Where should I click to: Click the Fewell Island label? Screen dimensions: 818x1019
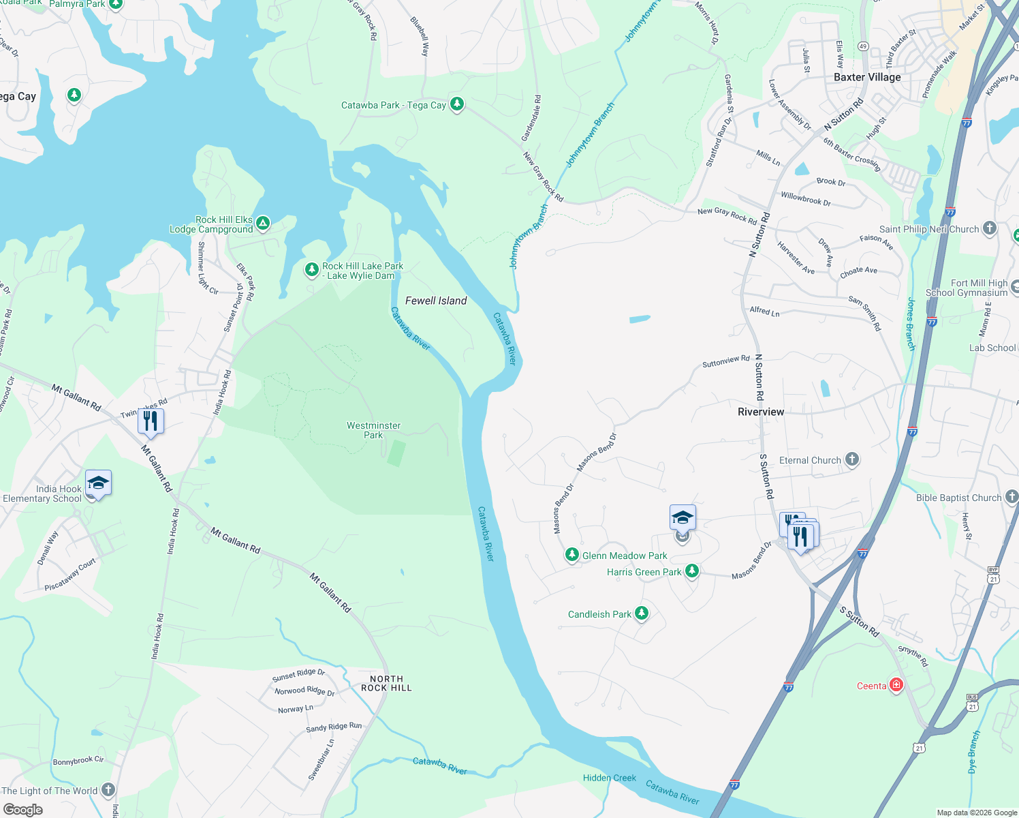coord(436,301)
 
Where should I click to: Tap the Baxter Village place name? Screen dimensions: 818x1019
coord(867,77)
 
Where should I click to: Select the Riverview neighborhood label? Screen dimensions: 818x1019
coord(761,412)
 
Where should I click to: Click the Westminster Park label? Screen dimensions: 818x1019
coord(373,430)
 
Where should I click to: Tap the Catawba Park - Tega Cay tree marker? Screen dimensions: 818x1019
coord(457,104)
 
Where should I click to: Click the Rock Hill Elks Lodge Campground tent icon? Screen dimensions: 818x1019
coord(263,223)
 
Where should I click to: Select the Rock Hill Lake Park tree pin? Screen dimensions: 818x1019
coord(311,270)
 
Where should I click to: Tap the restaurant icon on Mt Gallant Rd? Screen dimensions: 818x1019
coord(151,421)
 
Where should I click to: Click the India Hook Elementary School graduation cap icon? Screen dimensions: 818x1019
coord(98,483)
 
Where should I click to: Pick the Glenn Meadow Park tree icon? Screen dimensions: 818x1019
coord(572,555)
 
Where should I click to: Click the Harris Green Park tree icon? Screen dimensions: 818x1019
coord(692,571)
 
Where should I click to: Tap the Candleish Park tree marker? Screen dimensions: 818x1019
coord(641,613)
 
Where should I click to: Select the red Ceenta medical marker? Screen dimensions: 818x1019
coord(896,685)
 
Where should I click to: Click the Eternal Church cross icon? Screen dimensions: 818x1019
coord(852,459)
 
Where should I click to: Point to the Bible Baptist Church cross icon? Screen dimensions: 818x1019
coord(1012,497)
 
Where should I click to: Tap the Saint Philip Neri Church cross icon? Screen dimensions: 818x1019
coord(990,228)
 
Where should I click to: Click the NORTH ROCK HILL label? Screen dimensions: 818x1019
coord(386,683)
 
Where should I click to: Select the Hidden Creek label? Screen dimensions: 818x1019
coord(609,778)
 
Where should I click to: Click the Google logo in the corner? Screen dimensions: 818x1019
coord(23,809)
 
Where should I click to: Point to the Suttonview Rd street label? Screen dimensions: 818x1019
coord(726,361)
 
